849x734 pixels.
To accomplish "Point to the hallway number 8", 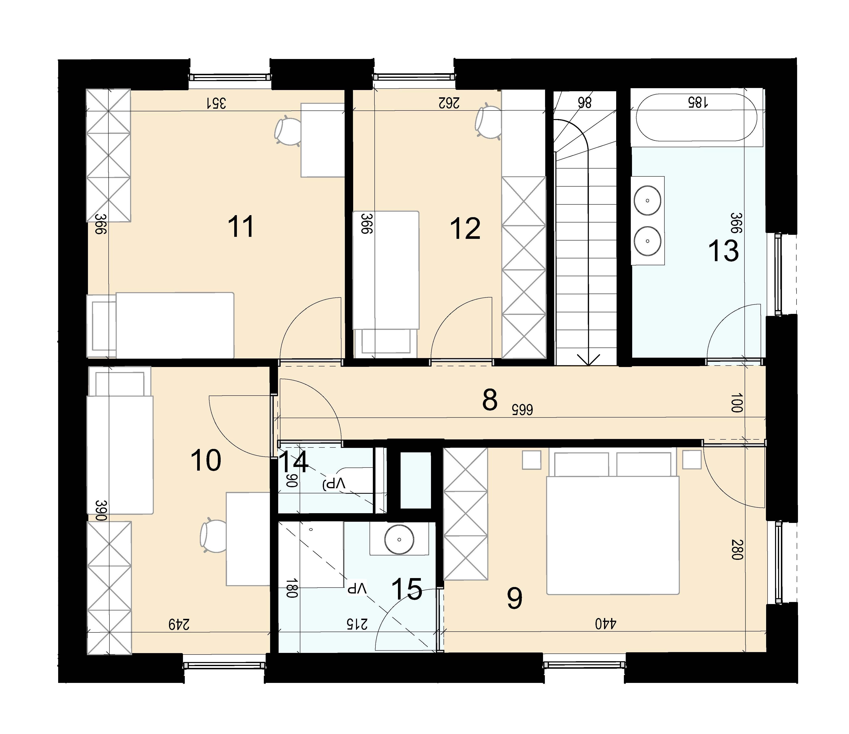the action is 490,400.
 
